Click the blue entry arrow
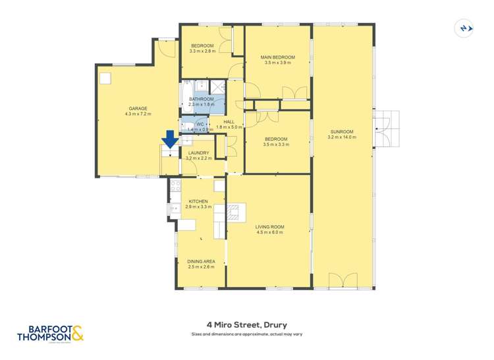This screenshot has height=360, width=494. click(170, 139)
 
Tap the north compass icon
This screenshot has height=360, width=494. click(465, 28)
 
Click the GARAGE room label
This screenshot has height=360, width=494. click(138, 109)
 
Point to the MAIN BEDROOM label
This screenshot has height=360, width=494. click(277, 58)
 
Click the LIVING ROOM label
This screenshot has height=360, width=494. click(269, 227)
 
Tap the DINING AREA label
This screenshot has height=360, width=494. click(201, 261)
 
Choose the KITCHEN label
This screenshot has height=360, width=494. click(198, 201)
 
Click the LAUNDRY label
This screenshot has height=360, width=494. click(198, 153)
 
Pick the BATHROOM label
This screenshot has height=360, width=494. click(202, 99)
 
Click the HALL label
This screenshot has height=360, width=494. click(229, 122)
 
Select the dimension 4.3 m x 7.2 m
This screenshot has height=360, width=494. click(138, 115)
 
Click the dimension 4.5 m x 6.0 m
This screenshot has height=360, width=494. click(269, 233)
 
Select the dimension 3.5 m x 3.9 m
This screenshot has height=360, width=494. click(277, 64)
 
